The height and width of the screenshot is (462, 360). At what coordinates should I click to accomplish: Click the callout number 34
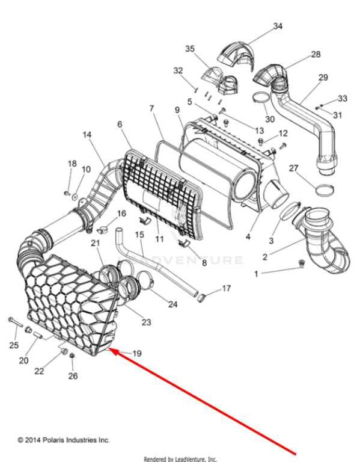coord(278,26)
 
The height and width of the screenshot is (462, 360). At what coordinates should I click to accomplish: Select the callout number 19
coord(137,353)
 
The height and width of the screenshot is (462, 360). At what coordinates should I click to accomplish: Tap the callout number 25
coord(14,345)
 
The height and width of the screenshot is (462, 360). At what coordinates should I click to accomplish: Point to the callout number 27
coord(293,168)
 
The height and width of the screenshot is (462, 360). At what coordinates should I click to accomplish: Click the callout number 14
coord(87,135)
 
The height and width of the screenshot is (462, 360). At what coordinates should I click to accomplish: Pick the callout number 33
coord(343,98)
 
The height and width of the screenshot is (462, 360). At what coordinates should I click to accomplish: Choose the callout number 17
coord(226,288)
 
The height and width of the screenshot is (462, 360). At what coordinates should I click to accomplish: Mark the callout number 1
coord(256,274)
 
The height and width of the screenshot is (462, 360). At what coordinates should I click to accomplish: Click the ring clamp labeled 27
coord(325,190)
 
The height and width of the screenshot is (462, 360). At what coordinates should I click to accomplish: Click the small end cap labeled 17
coord(201,298)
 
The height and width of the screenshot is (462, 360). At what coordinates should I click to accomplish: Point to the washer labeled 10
coord(75,196)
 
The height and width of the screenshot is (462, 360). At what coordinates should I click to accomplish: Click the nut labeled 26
coord(72,356)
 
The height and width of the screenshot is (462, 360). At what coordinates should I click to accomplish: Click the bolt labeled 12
coord(261,142)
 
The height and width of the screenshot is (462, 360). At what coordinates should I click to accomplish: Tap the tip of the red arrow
coord(109,349)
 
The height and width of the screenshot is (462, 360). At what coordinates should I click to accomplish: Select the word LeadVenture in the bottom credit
coord(191,459)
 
